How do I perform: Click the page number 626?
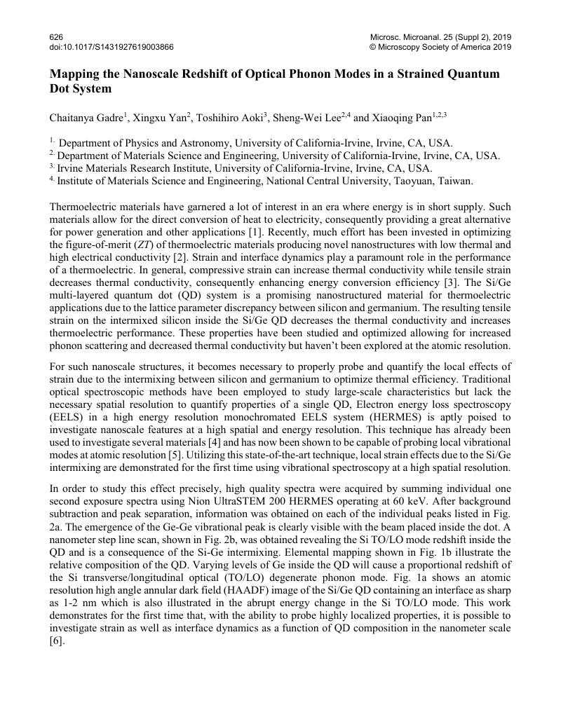point(56,36)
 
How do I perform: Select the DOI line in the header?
point(112,47)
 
